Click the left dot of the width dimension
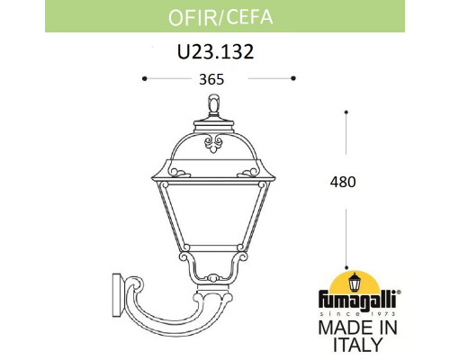(x=145, y=78)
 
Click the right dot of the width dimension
(x=293, y=78)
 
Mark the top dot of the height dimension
(x=346, y=112)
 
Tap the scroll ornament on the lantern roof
(x=214, y=141)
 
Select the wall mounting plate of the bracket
(x=116, y=291)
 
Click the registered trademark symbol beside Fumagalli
(x=399, y=294)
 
